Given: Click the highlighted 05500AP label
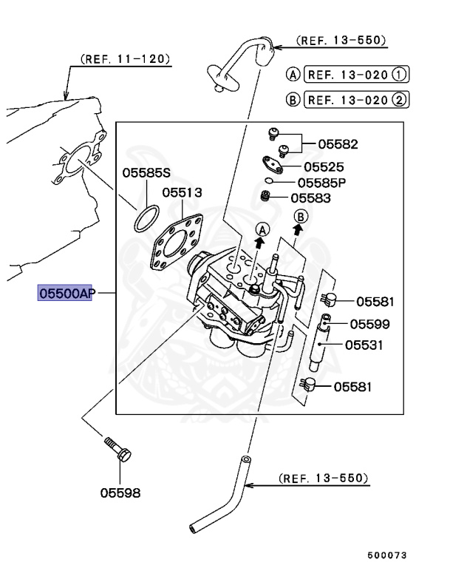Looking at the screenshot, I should tap(67, 294).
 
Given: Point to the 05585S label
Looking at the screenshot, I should tap(146, 173).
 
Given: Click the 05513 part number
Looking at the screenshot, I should tap(183, 192).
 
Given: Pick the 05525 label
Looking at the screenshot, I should tap(324, 167).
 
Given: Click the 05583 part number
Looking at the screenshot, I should tap(310, 197).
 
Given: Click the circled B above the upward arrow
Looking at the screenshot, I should tap(300, 216).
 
